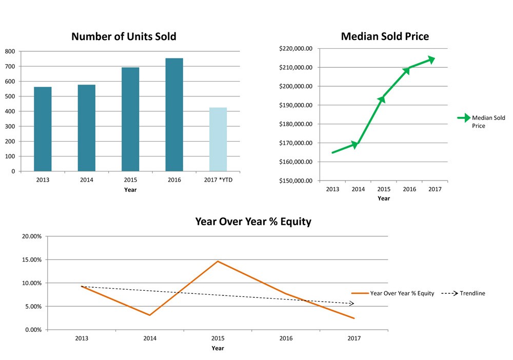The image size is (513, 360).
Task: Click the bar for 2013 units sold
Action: (43, 129)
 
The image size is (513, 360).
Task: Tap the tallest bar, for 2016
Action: (174, 115)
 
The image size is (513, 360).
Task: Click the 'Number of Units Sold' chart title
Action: (124, 36)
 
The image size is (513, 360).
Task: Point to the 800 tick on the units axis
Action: (10, 51)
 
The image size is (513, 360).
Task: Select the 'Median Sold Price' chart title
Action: (385, 36)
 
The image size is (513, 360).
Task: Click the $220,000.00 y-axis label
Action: (296, 49)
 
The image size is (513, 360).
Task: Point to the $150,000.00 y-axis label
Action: (296, 181)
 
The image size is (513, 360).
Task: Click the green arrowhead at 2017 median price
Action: (431, 59)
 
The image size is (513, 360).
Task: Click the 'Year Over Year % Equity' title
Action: (253, 222)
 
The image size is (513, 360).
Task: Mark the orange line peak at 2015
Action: (218, 261)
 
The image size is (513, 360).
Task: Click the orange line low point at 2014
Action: (149, 315)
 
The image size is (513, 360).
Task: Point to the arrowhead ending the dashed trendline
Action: (351, 304)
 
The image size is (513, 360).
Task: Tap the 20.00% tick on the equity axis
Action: (31, 236)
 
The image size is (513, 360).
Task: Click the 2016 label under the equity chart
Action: (286, 338)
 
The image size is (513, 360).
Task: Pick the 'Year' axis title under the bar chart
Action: (130, 190)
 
